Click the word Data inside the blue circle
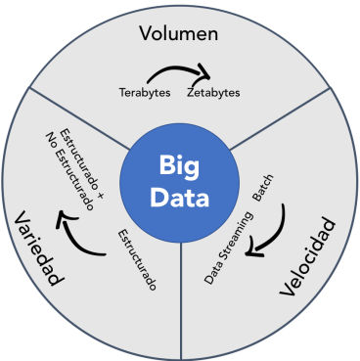pos(178,199)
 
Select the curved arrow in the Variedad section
pos(73,236)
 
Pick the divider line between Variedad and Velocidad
pos(179,293)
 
